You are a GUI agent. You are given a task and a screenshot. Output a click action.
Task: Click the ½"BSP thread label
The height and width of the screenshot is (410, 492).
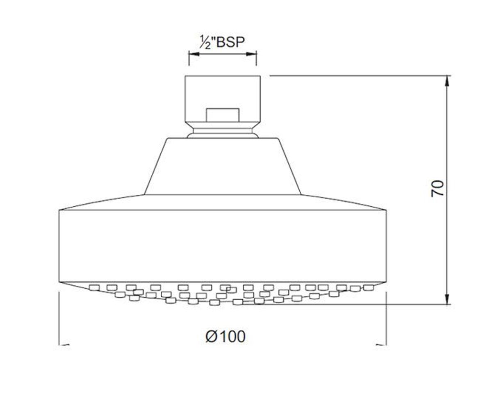click(x=222, y=42)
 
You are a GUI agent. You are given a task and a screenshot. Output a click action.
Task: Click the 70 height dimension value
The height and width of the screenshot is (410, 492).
click(x=437, y=188)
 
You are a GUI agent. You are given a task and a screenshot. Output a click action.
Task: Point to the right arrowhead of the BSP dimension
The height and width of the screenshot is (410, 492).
click(x=251, y=55)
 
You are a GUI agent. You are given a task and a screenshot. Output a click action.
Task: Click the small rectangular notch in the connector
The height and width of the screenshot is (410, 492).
click(x=223, y=115)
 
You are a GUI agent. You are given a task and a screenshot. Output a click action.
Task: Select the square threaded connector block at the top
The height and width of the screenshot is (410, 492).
click(x=223, y=99)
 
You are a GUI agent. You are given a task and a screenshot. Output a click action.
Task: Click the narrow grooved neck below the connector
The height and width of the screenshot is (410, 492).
click(x=223, y=130)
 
